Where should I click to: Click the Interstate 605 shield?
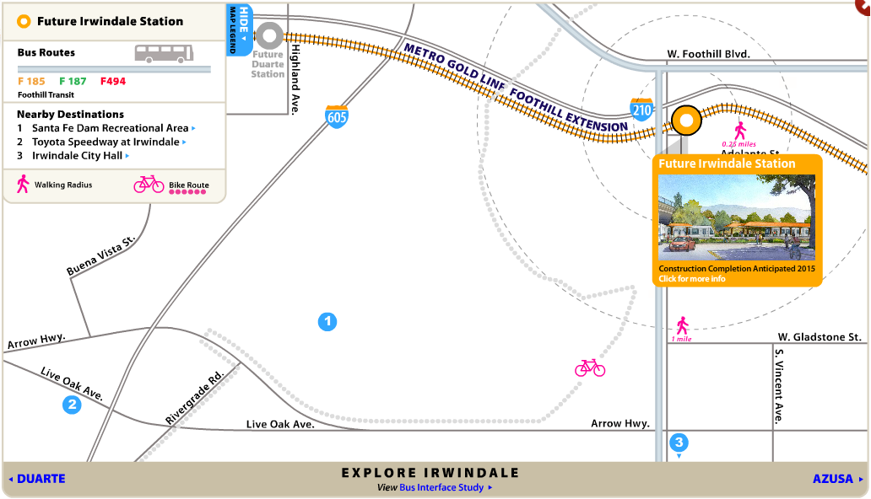click(337, 116)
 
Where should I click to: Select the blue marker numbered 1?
click(327, 321)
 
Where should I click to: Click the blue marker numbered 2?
click(73, 405)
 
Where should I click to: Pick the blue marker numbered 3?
click(679, 443)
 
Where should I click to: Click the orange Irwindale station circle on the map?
click(686, 121)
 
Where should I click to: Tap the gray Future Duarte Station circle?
click(269, 35)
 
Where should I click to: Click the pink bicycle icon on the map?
click(590, 368)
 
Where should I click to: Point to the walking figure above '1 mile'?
click(682, 325)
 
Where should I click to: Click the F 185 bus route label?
click(31, 82)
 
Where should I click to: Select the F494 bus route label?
click(113, 82)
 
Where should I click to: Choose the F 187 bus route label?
click(73, 82)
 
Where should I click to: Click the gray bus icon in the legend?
click(164, 54)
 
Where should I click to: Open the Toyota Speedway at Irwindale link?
click(105, 142)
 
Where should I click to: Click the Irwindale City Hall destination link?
click(78, 156)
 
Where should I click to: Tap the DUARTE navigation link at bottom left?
click(41, 479)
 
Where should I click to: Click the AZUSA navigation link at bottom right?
click(834, 479)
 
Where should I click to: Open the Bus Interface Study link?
click(441, 487)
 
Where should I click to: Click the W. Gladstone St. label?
click(819, 337)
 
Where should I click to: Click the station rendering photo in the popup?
click(737, 217)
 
